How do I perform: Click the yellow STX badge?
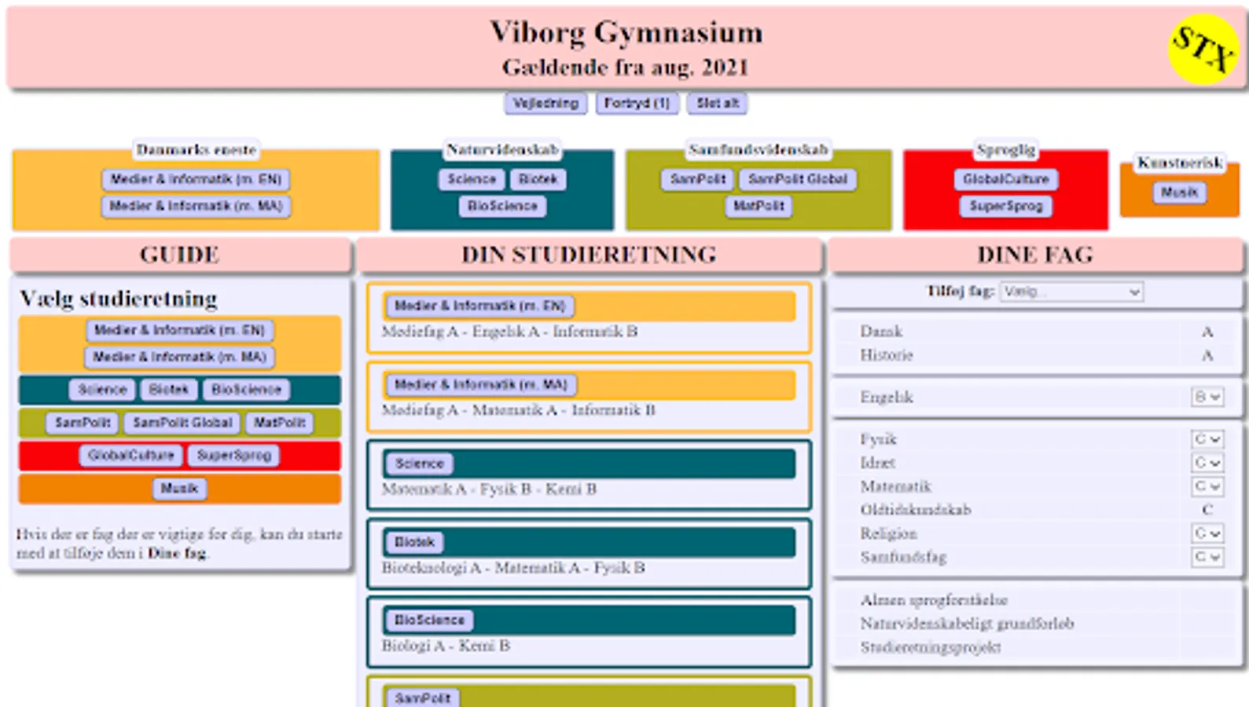pos(1203,49)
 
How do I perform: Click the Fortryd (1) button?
pos(637,103)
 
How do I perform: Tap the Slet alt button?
pos(717,103)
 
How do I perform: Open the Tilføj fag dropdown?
pos(1071,291)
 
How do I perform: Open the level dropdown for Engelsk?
pos(1207,397)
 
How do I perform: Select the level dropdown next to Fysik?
pos(1207,439)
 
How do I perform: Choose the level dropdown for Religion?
pos(1207,533)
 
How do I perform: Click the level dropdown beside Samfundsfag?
pos(1207,557)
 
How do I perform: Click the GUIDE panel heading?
pos(180,255)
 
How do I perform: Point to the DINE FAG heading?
pos(1035,255)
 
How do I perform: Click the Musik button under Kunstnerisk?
pos(1179,192)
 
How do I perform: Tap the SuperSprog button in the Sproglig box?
pos(1005,206)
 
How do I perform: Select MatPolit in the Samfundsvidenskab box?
pos(759,206)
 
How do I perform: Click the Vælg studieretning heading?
pos(119,299)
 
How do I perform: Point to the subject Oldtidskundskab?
pos(915,510)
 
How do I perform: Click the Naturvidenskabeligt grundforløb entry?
pos(967,624)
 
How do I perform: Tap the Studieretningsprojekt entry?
pos(931,647)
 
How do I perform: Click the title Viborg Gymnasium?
pos(626,33)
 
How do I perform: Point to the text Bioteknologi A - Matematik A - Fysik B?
pos(513,567)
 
